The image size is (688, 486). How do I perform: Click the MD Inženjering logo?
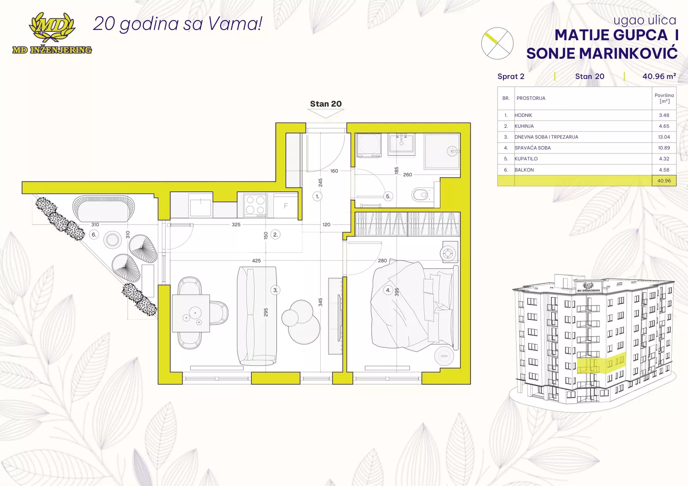52,33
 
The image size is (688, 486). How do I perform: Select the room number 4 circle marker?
388,290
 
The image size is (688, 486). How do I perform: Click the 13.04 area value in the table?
664,137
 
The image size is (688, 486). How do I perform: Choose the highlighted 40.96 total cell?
664,181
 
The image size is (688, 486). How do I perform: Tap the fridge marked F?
286,206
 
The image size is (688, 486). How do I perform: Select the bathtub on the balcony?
104,209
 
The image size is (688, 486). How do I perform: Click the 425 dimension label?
256,261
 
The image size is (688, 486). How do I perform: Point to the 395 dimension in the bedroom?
397,292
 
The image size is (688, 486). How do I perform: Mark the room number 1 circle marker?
317,196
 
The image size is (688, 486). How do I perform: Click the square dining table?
191,313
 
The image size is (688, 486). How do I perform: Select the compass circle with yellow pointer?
497,43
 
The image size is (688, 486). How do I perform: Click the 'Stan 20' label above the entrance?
326,103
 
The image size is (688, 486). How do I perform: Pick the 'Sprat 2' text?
511,76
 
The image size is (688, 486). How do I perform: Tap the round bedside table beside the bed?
444,356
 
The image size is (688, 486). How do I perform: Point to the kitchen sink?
200,207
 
